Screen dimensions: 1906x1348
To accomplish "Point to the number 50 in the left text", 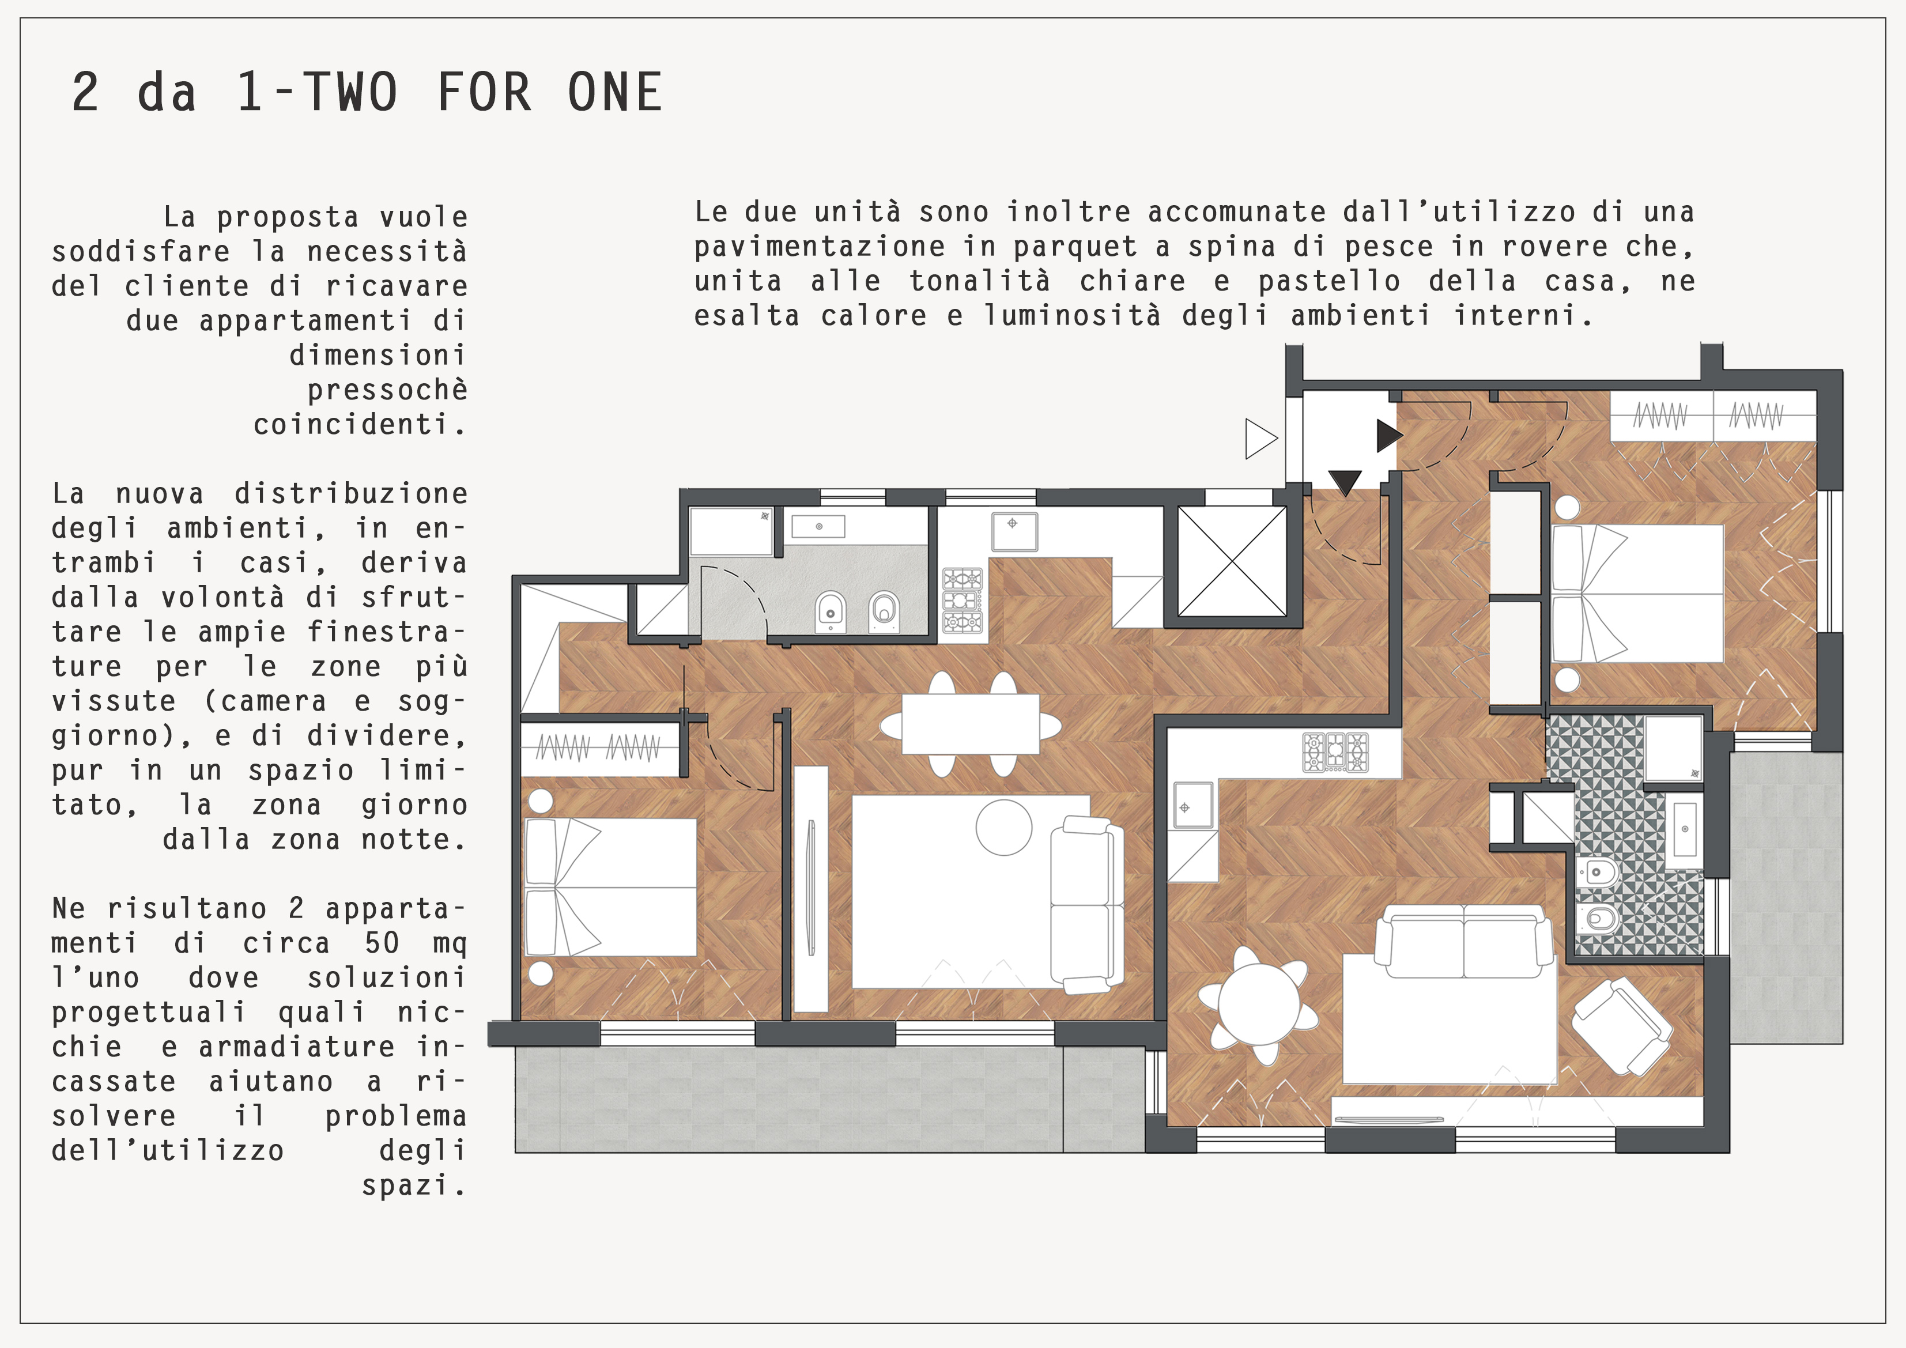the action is tap(382, 943).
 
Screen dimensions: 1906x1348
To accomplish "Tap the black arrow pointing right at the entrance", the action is tap(1390, 436).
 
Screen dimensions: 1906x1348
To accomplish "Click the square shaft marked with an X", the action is tap(1232, 561).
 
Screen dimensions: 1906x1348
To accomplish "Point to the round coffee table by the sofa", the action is tap(1003, 828).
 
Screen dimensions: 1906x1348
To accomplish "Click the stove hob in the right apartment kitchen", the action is tap(1335, 752).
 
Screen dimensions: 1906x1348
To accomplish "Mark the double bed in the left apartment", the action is tap(611, 888).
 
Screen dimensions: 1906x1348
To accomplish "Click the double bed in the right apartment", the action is tap(1637, 594).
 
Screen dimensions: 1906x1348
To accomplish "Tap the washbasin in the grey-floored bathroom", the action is tap(818, 526).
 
